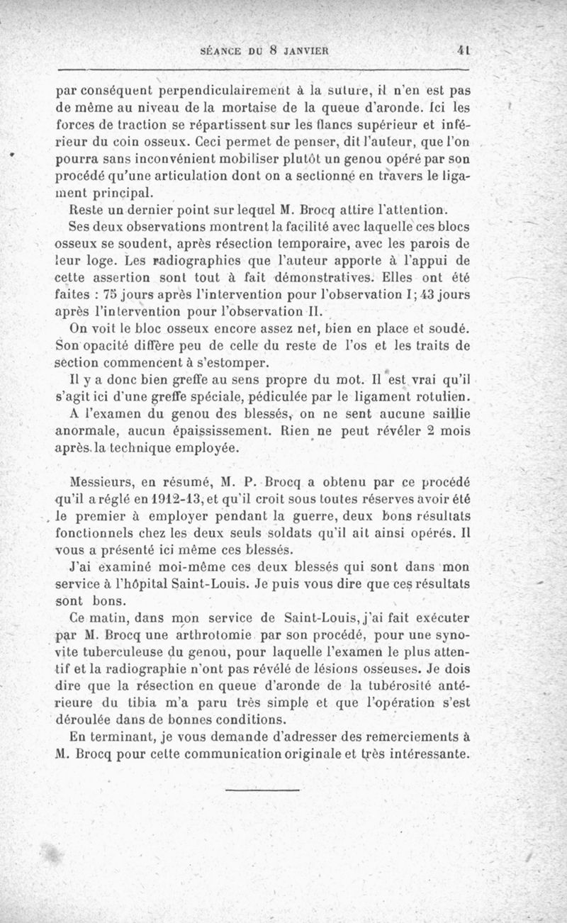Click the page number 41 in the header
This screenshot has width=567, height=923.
click(465, 51)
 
